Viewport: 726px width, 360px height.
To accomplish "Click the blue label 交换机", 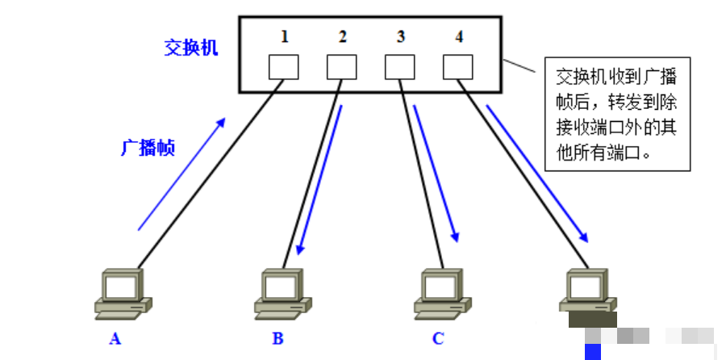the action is [190, 48].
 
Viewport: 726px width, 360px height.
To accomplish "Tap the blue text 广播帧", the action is [148, 148].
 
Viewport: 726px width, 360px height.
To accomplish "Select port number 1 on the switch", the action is [284, 36].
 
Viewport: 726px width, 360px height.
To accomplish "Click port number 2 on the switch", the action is [342, 36].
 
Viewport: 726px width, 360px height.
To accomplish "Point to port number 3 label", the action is [400, 36].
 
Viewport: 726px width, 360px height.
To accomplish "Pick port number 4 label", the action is [458, 36].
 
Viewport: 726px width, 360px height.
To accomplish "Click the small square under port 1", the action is [283, 67].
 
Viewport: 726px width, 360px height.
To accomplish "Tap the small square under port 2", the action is [342, 67].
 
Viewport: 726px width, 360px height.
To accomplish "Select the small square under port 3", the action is [400, 67].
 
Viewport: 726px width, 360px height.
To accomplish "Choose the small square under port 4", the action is [458, 67].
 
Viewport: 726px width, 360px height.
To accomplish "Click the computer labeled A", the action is [123, 294].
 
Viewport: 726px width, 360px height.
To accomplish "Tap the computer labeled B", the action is [283, 294].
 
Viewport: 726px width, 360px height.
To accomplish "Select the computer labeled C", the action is [443, 294].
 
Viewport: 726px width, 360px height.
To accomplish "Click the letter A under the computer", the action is [115, 339].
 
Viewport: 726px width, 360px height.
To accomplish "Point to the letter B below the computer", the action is [277, 339].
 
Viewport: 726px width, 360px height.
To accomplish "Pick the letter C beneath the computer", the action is [438, 339].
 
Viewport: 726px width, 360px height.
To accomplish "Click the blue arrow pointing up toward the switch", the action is [181, 174].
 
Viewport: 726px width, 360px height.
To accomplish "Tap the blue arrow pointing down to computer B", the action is [320, 180].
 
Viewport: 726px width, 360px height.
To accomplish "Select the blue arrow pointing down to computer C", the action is [436, 174].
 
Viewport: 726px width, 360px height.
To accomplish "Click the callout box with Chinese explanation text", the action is [617, 114].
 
